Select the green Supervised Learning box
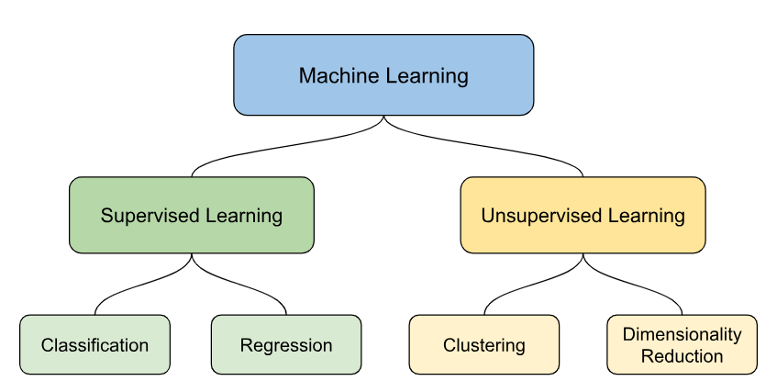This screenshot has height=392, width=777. coord(192,215)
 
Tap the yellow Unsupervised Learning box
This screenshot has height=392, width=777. coord(583,215)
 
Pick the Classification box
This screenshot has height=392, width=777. coord(94,344)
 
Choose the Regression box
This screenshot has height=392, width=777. coord(286,344)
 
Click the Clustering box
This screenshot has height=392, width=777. coord(483,344)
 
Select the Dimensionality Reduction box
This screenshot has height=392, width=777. coord(682,344)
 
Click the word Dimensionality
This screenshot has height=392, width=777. coord(682,334)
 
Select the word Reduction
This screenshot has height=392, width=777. coord(682,356)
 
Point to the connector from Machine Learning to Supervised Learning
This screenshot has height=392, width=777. coord(275,147)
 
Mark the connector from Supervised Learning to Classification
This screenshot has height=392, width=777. coord(138,287)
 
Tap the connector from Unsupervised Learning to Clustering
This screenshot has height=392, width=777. coord(527,287)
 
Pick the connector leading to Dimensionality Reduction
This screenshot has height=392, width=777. coord(638,287)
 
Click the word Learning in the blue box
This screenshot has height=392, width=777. coord(427,75)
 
